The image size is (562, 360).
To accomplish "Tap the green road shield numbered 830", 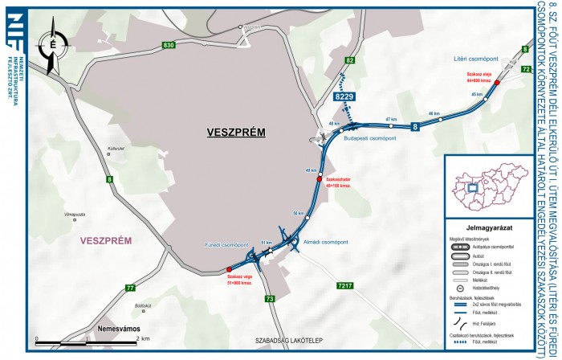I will point(167,45).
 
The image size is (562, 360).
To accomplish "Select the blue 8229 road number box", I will point(344,96).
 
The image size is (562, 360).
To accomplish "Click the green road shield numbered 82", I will point(349,61).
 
